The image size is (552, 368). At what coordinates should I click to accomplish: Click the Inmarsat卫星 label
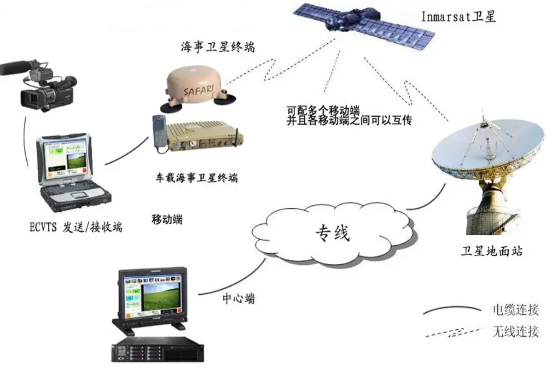coord(459,17)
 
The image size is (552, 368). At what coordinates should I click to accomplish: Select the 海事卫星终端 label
coord(218,47)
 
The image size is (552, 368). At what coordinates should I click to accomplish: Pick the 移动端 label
coord(167,219)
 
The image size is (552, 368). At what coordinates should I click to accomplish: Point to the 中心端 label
coord(238,298)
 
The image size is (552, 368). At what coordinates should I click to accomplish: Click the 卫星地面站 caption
coord(492,251)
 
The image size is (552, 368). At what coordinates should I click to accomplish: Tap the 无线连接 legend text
coord(515,331)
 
